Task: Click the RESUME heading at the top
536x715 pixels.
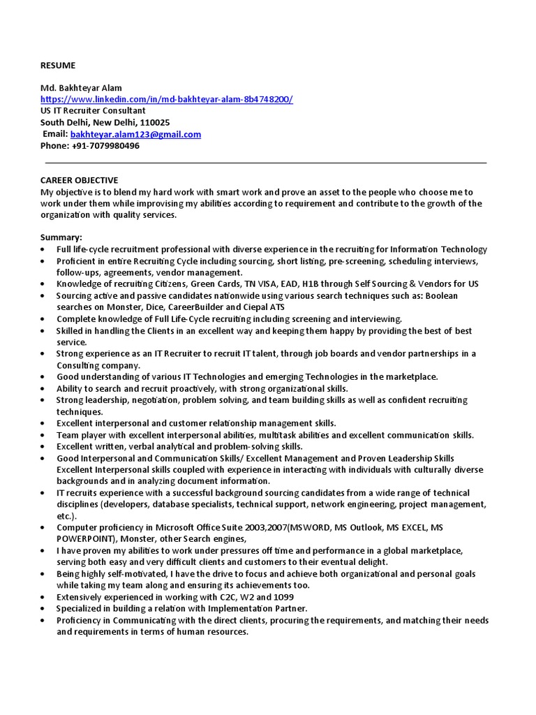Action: click(57, 66)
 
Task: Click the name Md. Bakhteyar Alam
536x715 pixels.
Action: click(81, 88)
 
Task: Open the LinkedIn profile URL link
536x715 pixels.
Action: click(166, 99)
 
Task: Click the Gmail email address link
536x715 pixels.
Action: click(135, 134)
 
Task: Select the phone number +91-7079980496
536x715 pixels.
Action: click(105, 146)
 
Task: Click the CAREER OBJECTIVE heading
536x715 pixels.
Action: click(79, 180)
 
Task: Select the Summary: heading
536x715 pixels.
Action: click(61, 237)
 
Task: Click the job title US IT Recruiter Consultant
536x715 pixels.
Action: click(93, 110)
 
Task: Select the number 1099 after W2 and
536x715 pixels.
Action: click(283, 597)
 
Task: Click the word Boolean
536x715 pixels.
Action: click(440, 296)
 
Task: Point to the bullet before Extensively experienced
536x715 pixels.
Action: click(43, 598)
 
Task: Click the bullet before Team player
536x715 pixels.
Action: click(43, 435)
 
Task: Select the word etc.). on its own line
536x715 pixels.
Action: click(68, 516)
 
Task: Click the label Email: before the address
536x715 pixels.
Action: click(55, 134)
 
